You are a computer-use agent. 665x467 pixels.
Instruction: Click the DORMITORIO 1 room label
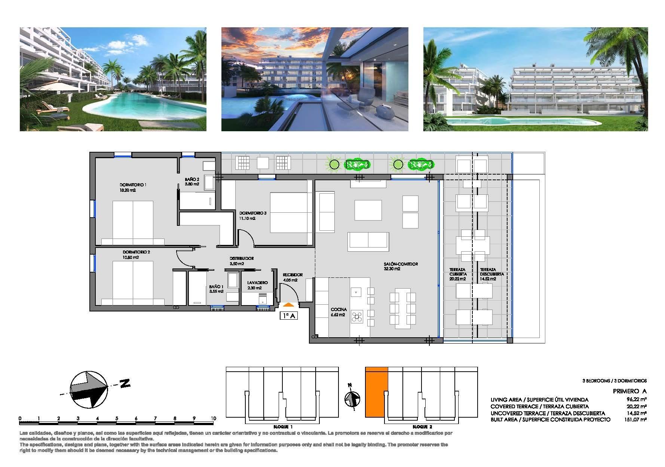click(133, 185)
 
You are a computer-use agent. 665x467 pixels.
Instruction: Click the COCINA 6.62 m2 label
click(338, 312)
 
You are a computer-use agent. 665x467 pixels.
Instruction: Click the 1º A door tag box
click(289, 316)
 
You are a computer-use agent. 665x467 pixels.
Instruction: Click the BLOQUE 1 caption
click(284, 427)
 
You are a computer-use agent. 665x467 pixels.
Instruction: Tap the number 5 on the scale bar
click(117, 418)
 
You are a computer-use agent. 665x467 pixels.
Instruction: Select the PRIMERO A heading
click(630, 391)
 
